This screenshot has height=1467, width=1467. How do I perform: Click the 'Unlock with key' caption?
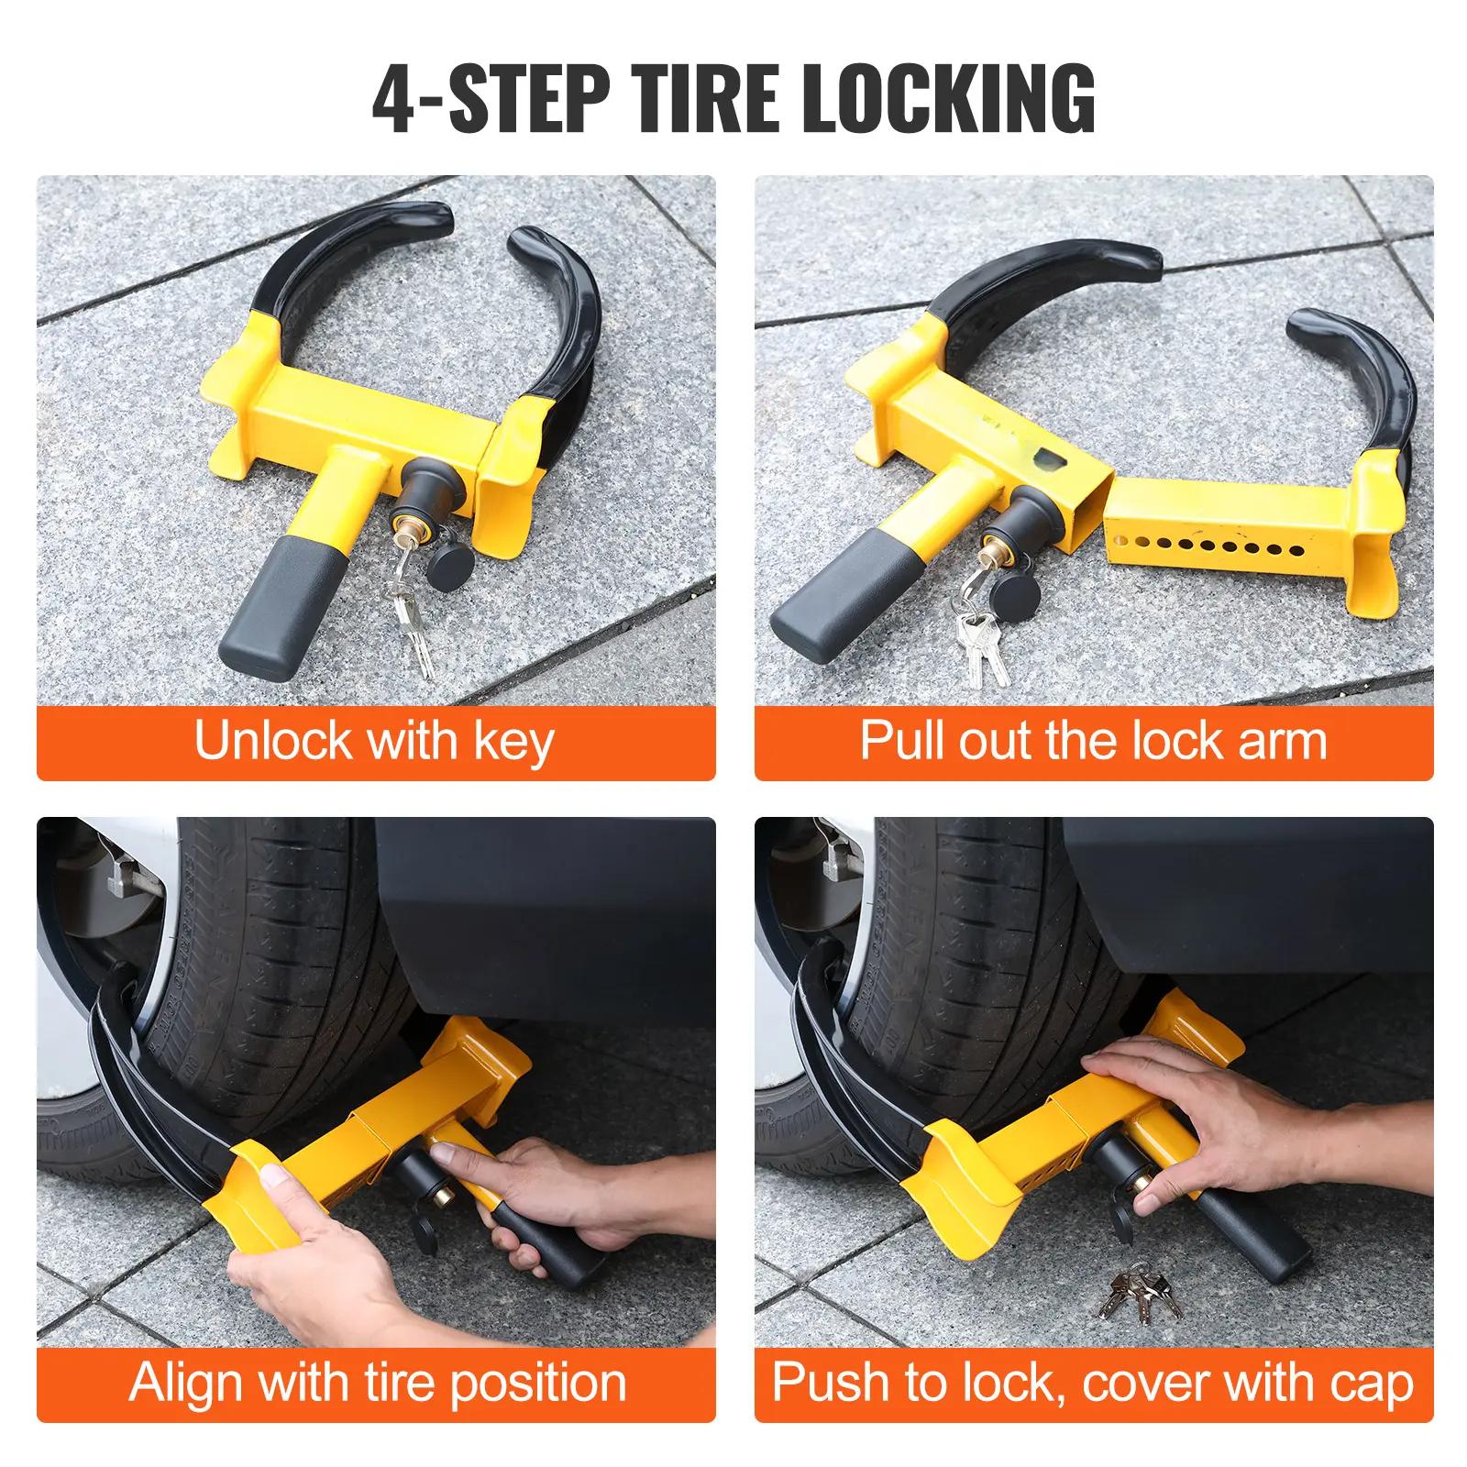point(374,741)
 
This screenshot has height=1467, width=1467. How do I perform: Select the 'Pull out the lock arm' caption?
point(1093,741)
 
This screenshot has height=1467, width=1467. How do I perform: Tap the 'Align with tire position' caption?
point(377,1382)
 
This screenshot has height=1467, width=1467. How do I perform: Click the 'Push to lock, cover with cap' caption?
point(1093,1382)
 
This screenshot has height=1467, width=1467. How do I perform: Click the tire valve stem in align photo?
point(119,880)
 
